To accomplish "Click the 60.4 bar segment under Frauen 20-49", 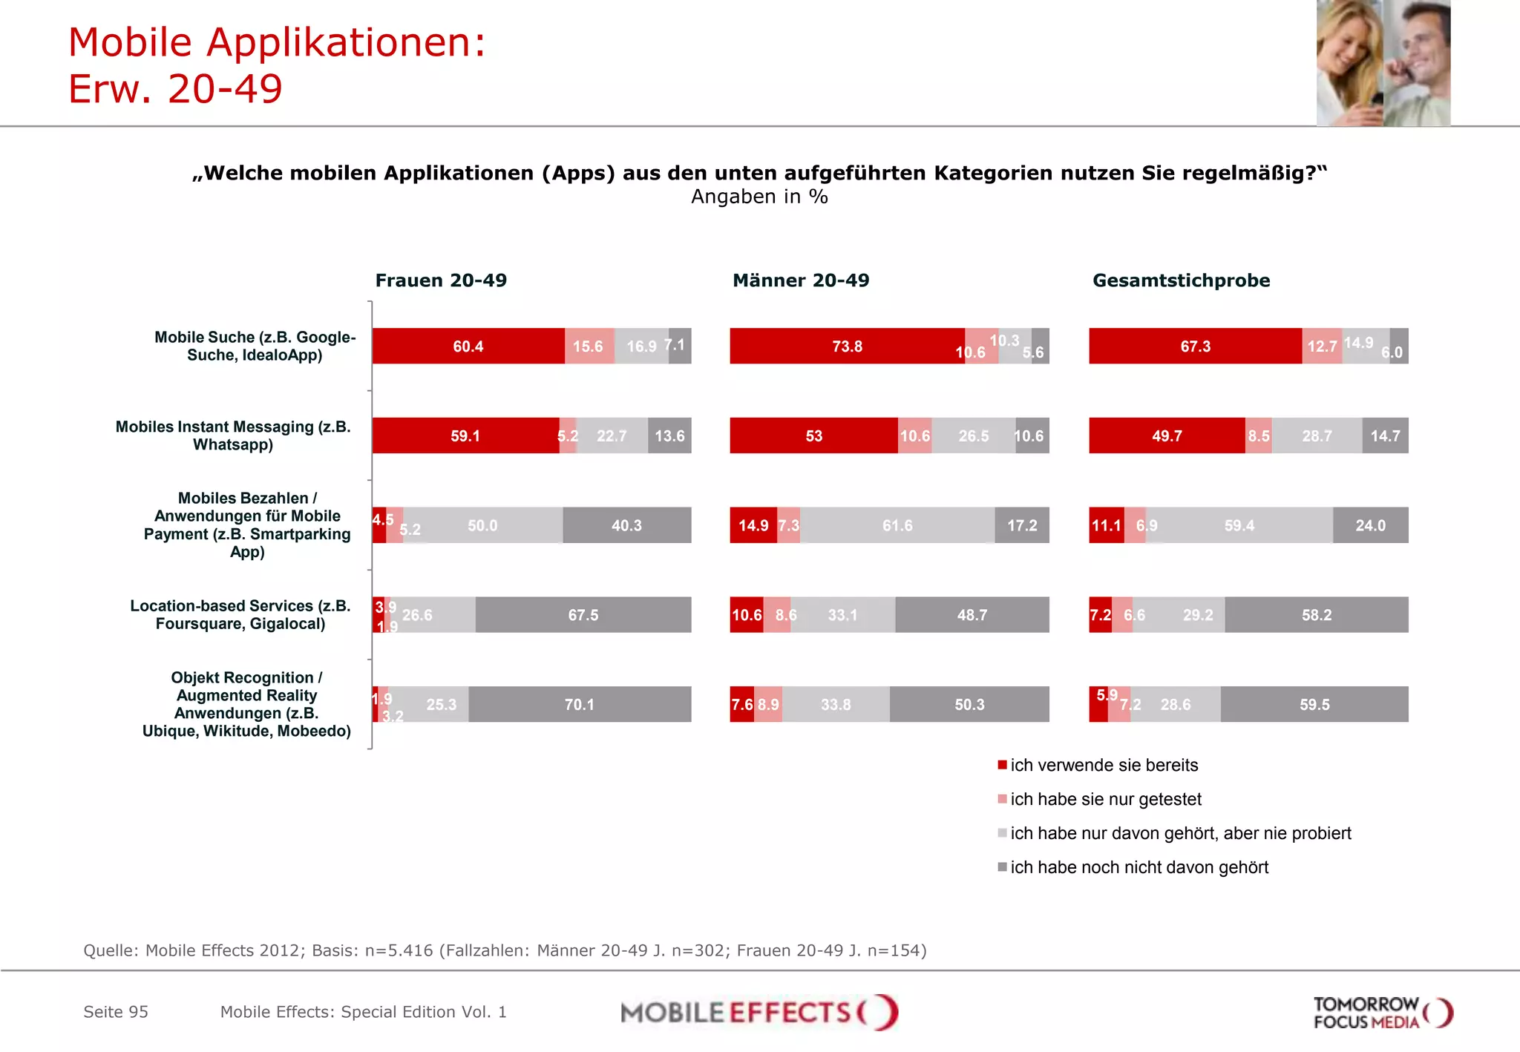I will [468, 346].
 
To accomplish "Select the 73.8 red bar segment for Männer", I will [847, 346].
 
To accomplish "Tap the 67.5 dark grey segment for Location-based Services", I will [583, 614].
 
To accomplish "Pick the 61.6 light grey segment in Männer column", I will [897, 525].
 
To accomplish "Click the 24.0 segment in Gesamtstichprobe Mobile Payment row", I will [1370, 525].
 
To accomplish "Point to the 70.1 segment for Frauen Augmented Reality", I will [579, 704].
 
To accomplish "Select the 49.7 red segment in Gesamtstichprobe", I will [1167, 435].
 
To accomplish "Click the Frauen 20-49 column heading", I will [441, 280].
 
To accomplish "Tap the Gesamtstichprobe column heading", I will [1181, 280].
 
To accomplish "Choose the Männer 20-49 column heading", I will [800, 280].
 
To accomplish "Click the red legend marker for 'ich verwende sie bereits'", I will [1002, 765].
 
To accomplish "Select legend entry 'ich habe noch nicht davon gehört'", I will [1139, 867].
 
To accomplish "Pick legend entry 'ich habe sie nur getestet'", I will [1105, 799].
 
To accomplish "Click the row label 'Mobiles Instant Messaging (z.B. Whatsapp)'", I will [233, 435].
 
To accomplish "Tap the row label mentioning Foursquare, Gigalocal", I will [240, 614].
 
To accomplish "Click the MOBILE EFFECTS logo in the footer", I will [759, 1012].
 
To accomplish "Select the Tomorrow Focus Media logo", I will [1382, 1013].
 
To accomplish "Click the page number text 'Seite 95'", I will [116, 1012].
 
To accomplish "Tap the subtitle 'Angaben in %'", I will [759, 197].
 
